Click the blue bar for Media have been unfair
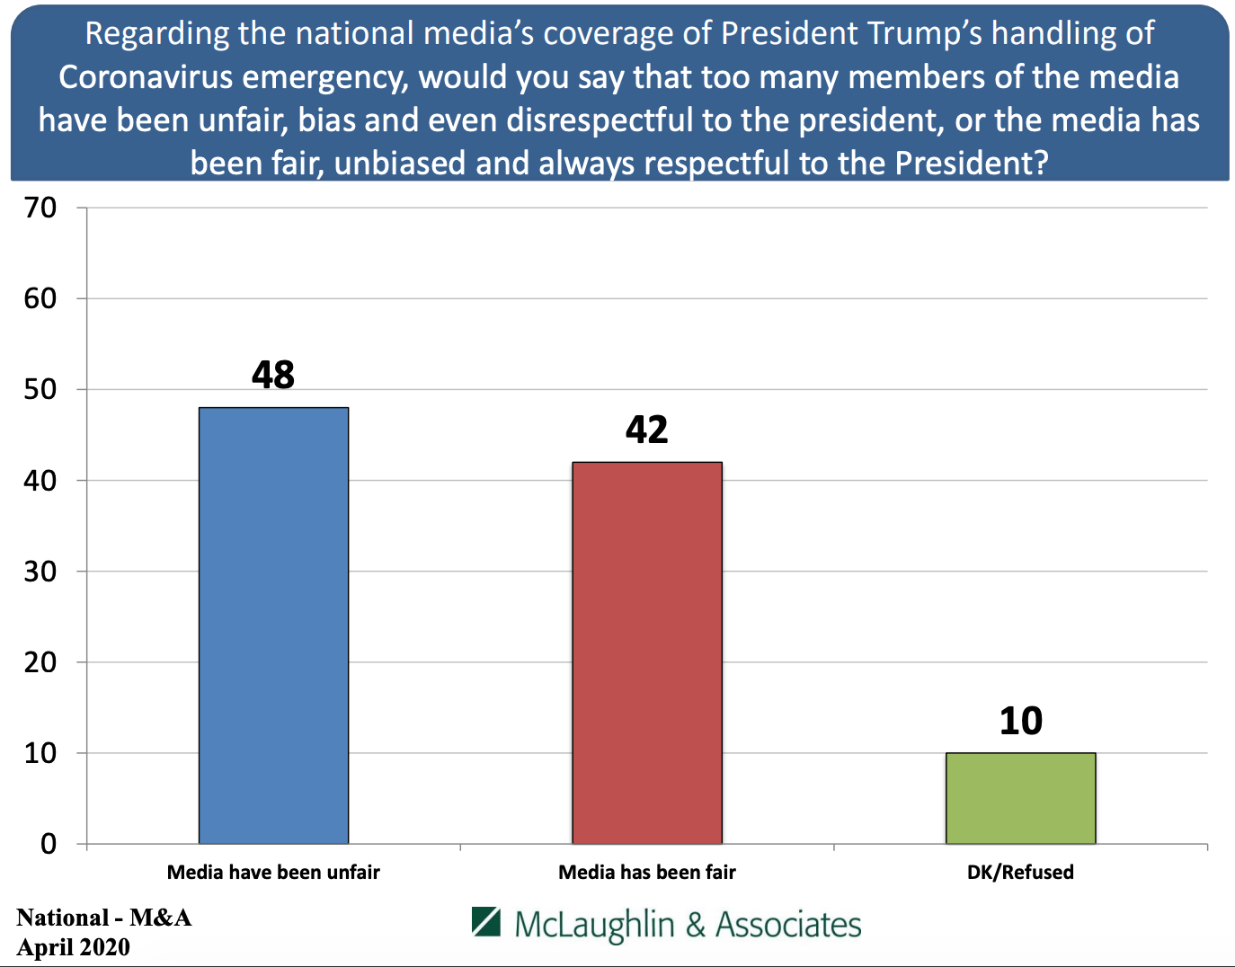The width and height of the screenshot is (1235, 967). [273, 625]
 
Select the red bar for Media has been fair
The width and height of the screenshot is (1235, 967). [647, 652]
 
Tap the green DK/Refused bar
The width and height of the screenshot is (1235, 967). [1020, 798]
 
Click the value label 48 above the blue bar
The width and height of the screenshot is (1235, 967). [273, 375]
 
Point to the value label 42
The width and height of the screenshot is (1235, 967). [647, 430]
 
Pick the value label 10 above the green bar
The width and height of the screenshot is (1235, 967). [1021, 721]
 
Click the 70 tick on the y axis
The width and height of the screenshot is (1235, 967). [40, 208]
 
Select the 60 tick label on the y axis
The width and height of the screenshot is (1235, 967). [40, 298]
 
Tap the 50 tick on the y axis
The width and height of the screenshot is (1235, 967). [40, 389]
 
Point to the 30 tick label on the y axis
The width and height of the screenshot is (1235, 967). [40, 571]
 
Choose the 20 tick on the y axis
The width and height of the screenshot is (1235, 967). [40, 662]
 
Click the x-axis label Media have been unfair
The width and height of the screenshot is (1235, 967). [273, 872]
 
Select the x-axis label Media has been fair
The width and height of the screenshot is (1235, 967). [647, 872]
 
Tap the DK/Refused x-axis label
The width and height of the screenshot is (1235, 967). [1020, 872]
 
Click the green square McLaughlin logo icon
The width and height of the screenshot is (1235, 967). [486, 921]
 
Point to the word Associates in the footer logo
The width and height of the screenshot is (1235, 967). [788, 925]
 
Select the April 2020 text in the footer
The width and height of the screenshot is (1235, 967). [74, 947]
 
